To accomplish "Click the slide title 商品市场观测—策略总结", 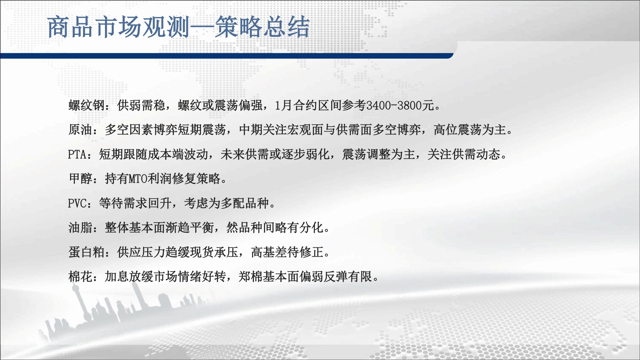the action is (x=179, y=27).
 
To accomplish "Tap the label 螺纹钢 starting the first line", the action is (x=86, y=105).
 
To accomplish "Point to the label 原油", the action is (x=80, y=130).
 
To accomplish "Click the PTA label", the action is (x=77, y=154).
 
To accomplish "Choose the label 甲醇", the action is (x=80, y=179).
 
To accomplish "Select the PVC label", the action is (x=77, y=203).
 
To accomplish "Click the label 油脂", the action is (x=80, y=228).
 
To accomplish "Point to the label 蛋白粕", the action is (x=86, y=252).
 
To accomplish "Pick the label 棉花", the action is (x=80, y=276).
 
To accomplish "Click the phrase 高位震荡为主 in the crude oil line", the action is (x=470, y=130).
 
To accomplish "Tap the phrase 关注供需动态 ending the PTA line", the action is (x=464, y=154).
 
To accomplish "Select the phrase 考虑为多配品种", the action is (x=226, y=203).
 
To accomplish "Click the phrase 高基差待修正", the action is (x=287, y=252).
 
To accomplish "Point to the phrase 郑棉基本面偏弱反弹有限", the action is (x=305, y=276).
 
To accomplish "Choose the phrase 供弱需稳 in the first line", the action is (x=141, y=105).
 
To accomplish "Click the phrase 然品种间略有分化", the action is (x=275, y=228).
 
